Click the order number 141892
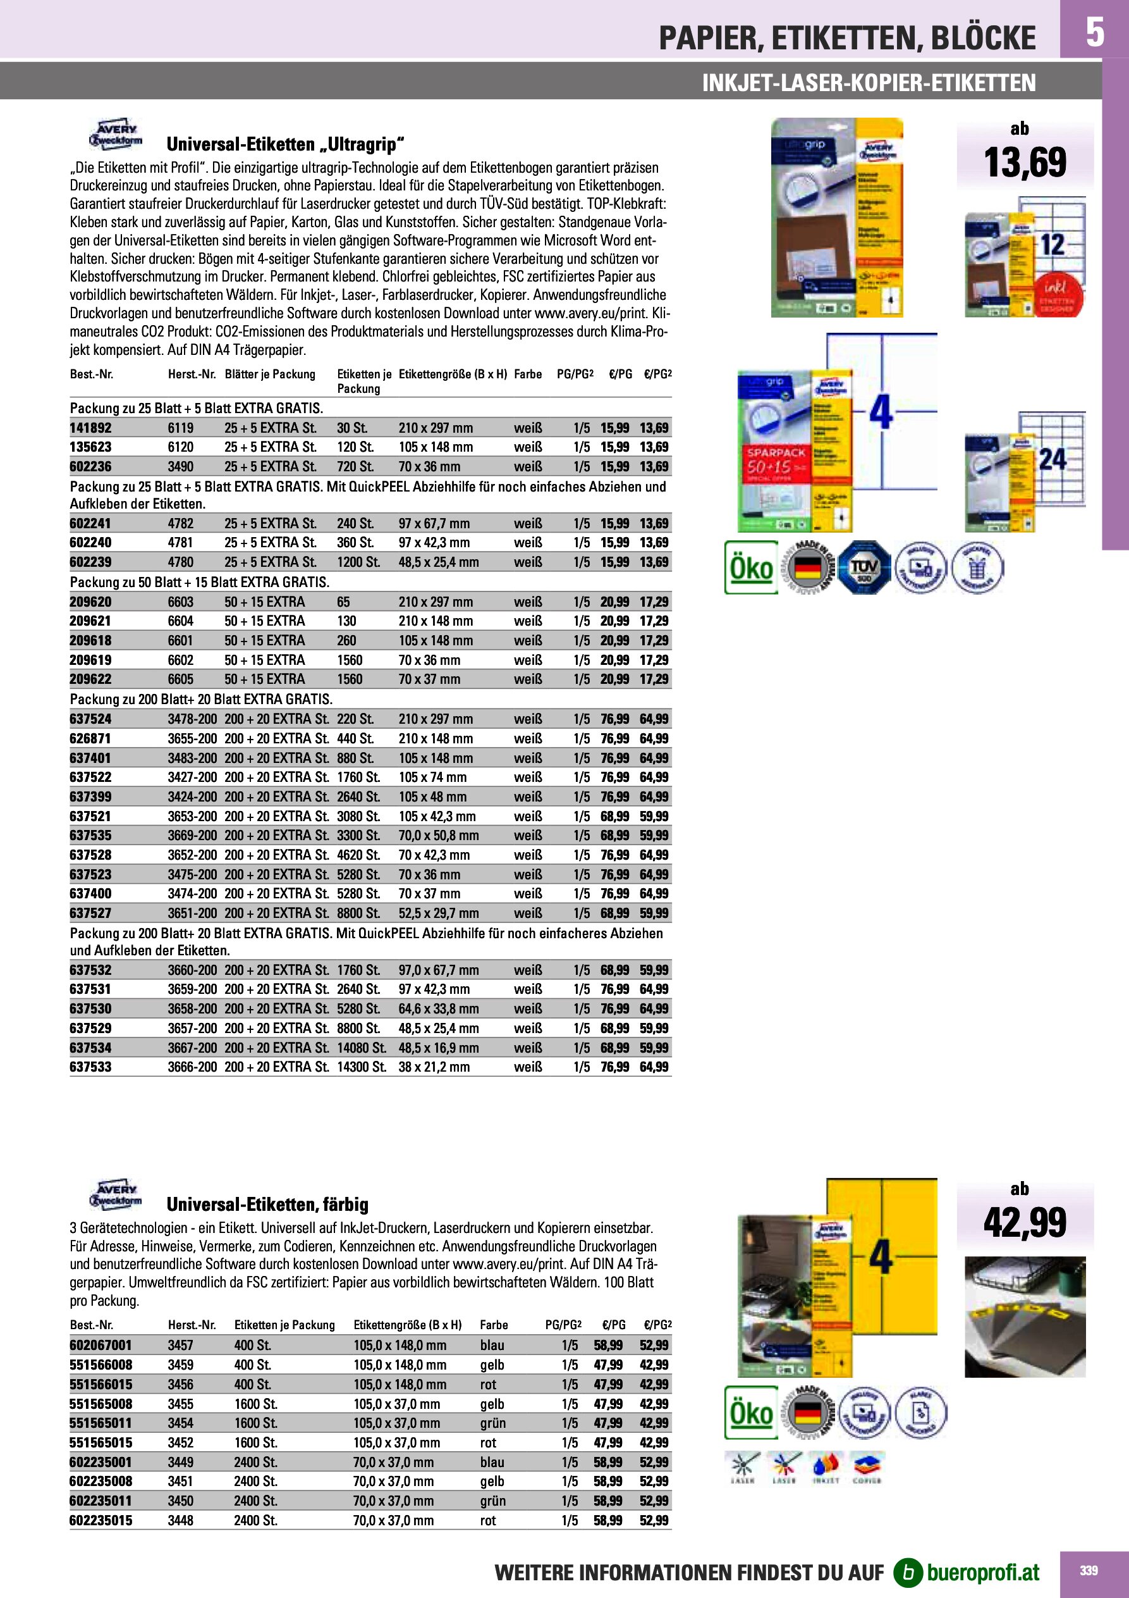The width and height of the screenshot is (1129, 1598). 90,428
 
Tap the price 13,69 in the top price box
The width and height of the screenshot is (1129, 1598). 1025,162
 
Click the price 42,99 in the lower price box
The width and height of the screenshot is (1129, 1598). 1025,1223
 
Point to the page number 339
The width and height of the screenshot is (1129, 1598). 1089,1571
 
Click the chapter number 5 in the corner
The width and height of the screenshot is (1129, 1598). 1095,32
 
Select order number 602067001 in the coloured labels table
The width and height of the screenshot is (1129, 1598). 100,1346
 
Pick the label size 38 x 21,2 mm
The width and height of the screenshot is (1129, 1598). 434,1067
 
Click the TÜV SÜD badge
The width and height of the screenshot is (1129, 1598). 864,567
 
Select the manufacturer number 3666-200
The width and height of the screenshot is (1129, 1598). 192,1067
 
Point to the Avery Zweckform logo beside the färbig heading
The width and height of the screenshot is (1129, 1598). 116,1194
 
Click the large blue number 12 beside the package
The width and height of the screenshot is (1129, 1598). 1052,245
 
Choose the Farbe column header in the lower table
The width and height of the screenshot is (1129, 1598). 493,1325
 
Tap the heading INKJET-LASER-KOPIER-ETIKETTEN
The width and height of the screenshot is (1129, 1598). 869,83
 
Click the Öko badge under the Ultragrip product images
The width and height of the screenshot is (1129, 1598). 751,567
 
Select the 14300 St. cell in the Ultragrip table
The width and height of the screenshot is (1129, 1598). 361,1067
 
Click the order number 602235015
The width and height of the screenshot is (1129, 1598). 100,1521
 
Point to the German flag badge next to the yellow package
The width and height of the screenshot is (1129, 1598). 808,1413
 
